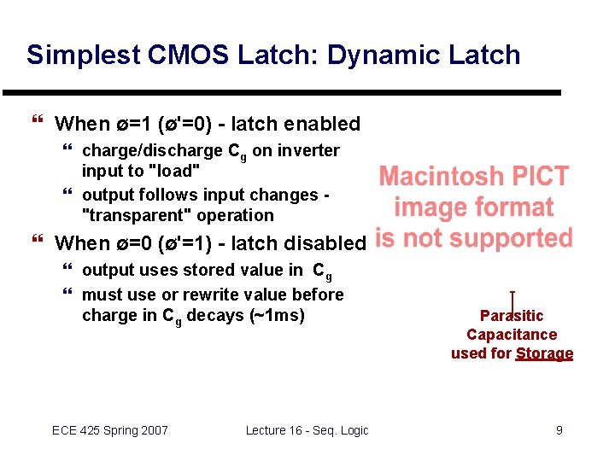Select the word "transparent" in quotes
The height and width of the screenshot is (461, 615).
click(138, 215)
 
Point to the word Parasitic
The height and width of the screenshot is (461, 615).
click(512, 316)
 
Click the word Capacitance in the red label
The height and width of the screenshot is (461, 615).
click(512, 335)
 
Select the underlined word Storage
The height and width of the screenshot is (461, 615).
click(544, 353)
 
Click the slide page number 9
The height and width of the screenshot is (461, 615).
click(559, 430)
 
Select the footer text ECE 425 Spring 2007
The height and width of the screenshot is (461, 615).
click(110, 430)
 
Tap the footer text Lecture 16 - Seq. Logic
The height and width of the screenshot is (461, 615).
click(307, 430)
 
